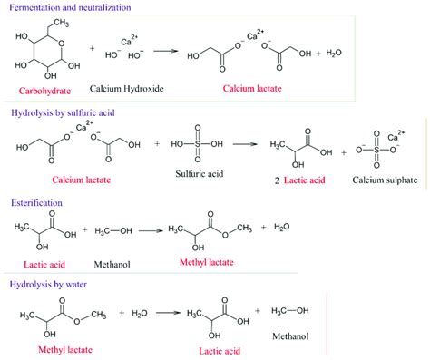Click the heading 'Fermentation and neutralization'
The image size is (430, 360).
[x=70, y=7]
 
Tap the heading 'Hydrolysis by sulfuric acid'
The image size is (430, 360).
[x=69, y=113]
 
